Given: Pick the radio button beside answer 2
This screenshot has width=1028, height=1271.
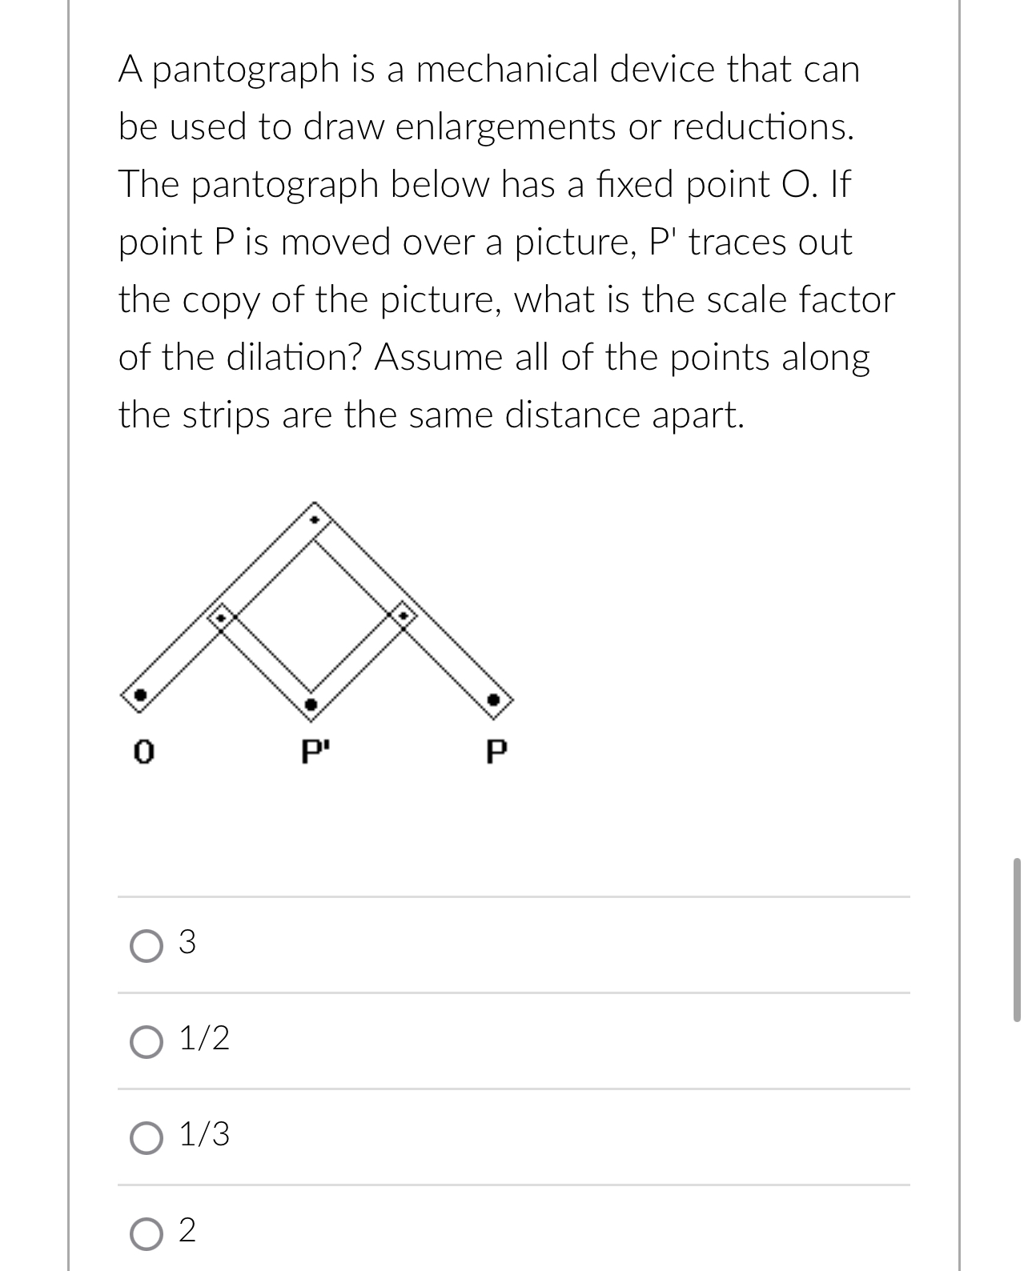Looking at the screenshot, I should pos(145,1233).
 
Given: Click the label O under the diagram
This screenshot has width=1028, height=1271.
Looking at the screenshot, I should pos(143,752).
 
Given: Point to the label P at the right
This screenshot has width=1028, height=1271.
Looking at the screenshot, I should pos(496,752).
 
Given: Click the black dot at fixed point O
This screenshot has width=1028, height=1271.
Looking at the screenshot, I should pos(140,695).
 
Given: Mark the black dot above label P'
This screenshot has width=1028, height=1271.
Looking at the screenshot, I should pos(311,704).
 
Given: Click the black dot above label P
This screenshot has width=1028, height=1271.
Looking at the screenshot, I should pos(494,700).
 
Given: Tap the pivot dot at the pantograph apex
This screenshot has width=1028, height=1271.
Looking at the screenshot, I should pos(315,519).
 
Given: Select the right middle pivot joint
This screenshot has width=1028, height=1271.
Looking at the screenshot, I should pos(404,615).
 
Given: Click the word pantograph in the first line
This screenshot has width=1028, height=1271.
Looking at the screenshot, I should pos(244,70).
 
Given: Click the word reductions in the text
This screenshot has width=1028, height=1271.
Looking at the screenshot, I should pos(761,127).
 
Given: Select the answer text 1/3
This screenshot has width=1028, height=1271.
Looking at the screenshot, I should pos(204,1135).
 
